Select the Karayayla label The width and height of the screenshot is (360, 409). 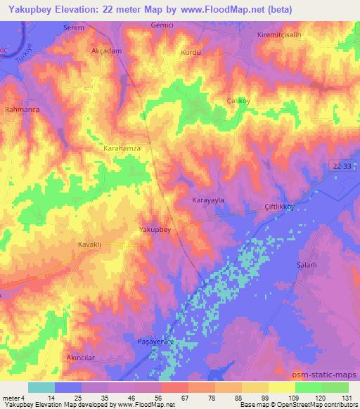(x=208, y=200)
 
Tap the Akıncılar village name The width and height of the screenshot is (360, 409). (x=81, y=358)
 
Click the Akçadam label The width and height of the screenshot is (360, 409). (x=108, y=52)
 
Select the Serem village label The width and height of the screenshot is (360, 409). (x=74, y=27)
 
